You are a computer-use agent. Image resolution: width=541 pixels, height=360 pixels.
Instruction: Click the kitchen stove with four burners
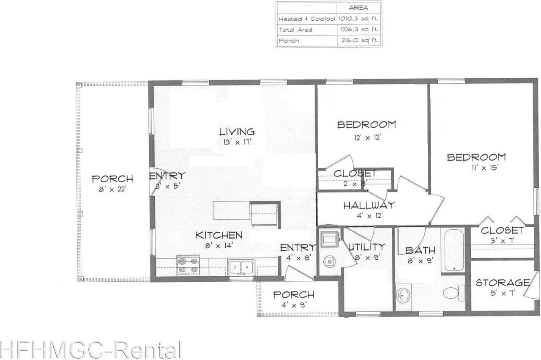(188, 265)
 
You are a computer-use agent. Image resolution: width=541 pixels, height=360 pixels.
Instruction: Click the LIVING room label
(237, 132)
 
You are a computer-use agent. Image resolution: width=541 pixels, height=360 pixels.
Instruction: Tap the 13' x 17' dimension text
(237, 142)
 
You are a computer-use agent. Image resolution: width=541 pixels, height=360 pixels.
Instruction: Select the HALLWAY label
(369, 206)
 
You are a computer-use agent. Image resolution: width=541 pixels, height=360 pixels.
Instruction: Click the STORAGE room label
(503, 283)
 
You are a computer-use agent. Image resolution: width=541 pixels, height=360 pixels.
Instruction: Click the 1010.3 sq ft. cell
(358, 19)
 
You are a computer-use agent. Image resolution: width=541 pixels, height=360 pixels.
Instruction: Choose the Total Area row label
(295, 30)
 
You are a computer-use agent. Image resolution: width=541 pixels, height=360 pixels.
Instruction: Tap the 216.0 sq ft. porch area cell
(358, 41)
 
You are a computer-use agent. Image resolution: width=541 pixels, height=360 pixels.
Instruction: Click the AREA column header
(358, 8)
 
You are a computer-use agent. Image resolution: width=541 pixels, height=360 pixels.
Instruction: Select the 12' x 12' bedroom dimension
(366, 137)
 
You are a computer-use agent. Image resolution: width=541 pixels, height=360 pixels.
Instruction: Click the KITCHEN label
(219, 235)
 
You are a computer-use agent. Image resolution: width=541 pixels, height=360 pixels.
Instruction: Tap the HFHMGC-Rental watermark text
(91, 350)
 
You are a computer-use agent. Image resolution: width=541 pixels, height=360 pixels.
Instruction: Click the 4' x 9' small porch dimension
(293, 305)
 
